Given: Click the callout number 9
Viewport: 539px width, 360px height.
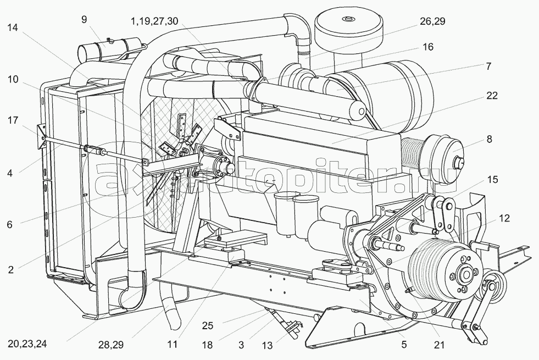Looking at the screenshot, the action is pos(85,19).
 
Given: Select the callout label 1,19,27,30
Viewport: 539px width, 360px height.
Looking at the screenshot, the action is pos(154,21).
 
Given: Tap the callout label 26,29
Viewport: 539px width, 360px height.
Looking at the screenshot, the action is pos(432,21).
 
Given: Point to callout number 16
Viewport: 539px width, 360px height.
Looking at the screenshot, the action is pos(428,46).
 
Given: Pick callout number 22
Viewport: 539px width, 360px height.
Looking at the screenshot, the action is pos(492,95).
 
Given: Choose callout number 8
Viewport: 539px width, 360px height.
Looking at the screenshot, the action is pos(489,139).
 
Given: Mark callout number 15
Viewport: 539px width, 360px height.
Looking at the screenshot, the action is pos(493,180).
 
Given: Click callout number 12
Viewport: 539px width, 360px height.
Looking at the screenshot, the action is pos(504,218).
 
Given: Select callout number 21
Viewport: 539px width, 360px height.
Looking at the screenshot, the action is pos(439,345).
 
